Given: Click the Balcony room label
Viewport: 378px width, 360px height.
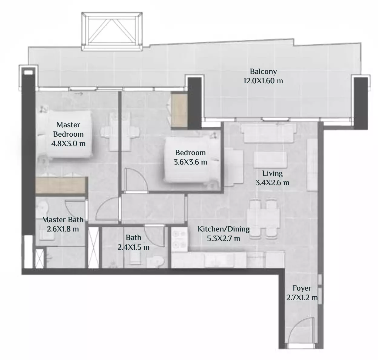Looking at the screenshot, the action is pyautogui.click(x=263, y=72).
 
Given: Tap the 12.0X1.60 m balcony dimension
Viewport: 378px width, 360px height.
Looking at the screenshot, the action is pyautogui.click(x=263, y=81).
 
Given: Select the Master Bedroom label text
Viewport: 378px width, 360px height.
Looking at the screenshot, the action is pyautogui.click(x=68, y=129).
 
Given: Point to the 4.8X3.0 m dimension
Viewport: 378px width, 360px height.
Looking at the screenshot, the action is pyautogui.click(x=68, y=144).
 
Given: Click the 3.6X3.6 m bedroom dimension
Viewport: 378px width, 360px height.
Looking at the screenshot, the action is pyautogui.click(x=190, y=162).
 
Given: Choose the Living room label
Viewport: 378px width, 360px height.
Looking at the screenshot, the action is pyautogui.click(x=272, y=173).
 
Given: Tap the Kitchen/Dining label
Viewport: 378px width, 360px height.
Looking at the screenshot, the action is pyautogui.click(x=224, y=229).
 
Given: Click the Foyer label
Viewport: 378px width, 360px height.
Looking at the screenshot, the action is pyautogui.click(x=302, y=288).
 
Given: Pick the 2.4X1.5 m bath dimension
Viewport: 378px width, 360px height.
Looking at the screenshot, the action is pyautogui.click(x=134, y=247).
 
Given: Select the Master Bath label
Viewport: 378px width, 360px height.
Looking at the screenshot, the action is pyautogui.click(x=63, y=220).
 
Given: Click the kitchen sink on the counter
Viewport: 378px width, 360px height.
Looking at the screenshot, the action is pyautogui.click(x=219, y=260).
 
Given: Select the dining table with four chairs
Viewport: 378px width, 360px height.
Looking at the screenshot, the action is pyautogui.click(x=263, y=219).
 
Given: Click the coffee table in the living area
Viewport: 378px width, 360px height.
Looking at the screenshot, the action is pyautogui.click(x=270, y=160).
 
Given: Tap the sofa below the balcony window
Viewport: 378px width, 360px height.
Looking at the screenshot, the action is pyautogui.click(x=269, y=133).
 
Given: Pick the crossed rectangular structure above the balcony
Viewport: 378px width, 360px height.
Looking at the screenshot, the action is pyautogui.click(x=112, y=32).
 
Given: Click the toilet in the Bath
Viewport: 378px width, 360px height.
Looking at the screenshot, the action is pyautogui.click(x=155, y=262).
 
